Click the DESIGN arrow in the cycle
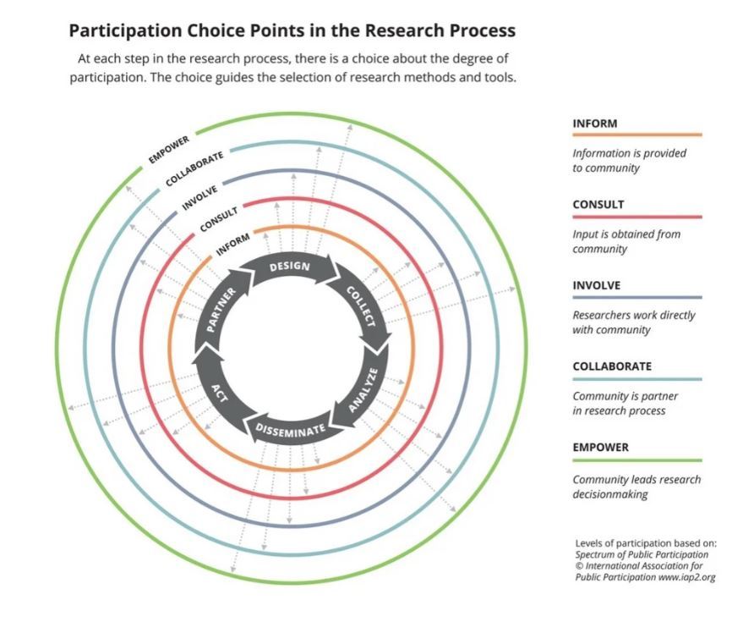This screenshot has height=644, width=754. (x=290, y=267)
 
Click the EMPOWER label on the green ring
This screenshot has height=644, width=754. (x=169, y=149)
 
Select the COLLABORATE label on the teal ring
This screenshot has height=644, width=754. (x=194, y=168)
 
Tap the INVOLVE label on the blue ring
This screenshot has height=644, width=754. (x=199, y=197)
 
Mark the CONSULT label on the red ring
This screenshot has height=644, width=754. (x=219, y=219)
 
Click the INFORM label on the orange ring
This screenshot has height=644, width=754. (x=232, y=245)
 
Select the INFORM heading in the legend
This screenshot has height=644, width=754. (x=595, y=124)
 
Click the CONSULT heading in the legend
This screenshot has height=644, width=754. (x=598, y=205)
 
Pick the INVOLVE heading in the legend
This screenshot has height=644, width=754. (x=596, y=285)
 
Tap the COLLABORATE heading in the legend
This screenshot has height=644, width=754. (x=612, y=366)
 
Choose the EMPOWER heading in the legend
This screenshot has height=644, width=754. (x=600, y=447)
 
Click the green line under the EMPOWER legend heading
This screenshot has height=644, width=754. (x=637, y=460)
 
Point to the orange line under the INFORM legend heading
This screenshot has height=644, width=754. (x=637, y=135)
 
